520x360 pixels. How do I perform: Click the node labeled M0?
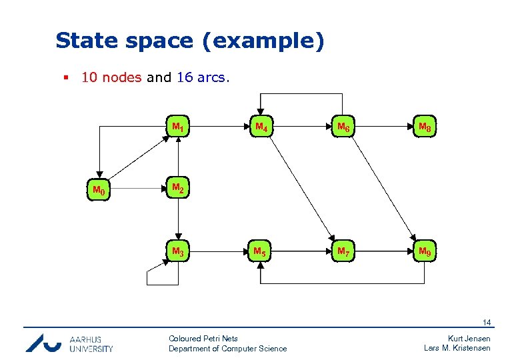point(99,191)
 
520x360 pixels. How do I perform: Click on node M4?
point(260,127)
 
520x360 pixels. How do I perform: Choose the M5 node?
point(260,252)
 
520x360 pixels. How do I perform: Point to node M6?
point(344,127)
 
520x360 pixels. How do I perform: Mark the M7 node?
point(344,252)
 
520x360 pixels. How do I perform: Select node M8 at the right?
point(424,127)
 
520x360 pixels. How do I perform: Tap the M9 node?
point(424,252)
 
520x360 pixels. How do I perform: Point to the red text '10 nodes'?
point(111,77)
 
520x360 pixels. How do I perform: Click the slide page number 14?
point(487,323)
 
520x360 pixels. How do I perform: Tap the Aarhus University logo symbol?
point(43,343)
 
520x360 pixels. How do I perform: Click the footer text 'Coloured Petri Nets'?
point(203,339)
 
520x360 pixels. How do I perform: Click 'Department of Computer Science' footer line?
point(227,349)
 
